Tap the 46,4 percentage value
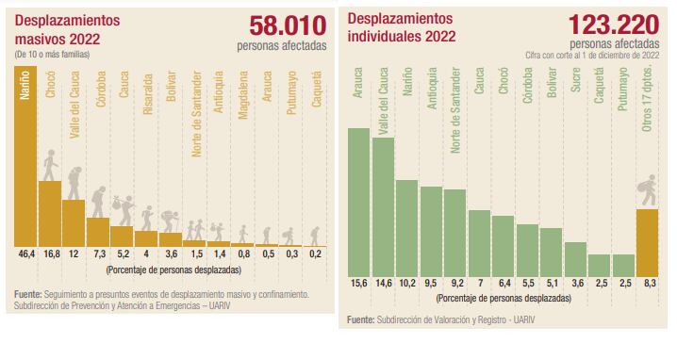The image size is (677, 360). [25, 254]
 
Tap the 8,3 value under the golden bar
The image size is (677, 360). [648, 284]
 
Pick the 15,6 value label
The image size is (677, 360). [359, 284]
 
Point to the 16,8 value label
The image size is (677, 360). [50, 254]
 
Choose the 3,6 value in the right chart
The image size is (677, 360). [576, 284]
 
